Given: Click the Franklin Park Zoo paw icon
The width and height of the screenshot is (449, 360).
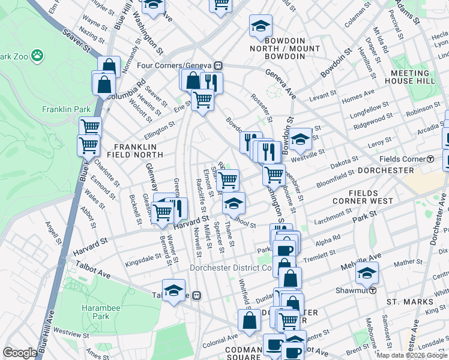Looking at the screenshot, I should [38, 55].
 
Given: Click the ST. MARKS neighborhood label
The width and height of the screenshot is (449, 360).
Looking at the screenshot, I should [410, 302].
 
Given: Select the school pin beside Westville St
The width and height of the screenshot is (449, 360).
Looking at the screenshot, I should [301, 139].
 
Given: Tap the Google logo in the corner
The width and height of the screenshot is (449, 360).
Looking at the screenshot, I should [20, 353].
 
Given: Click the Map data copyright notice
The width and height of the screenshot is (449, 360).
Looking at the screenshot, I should [412, 355].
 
